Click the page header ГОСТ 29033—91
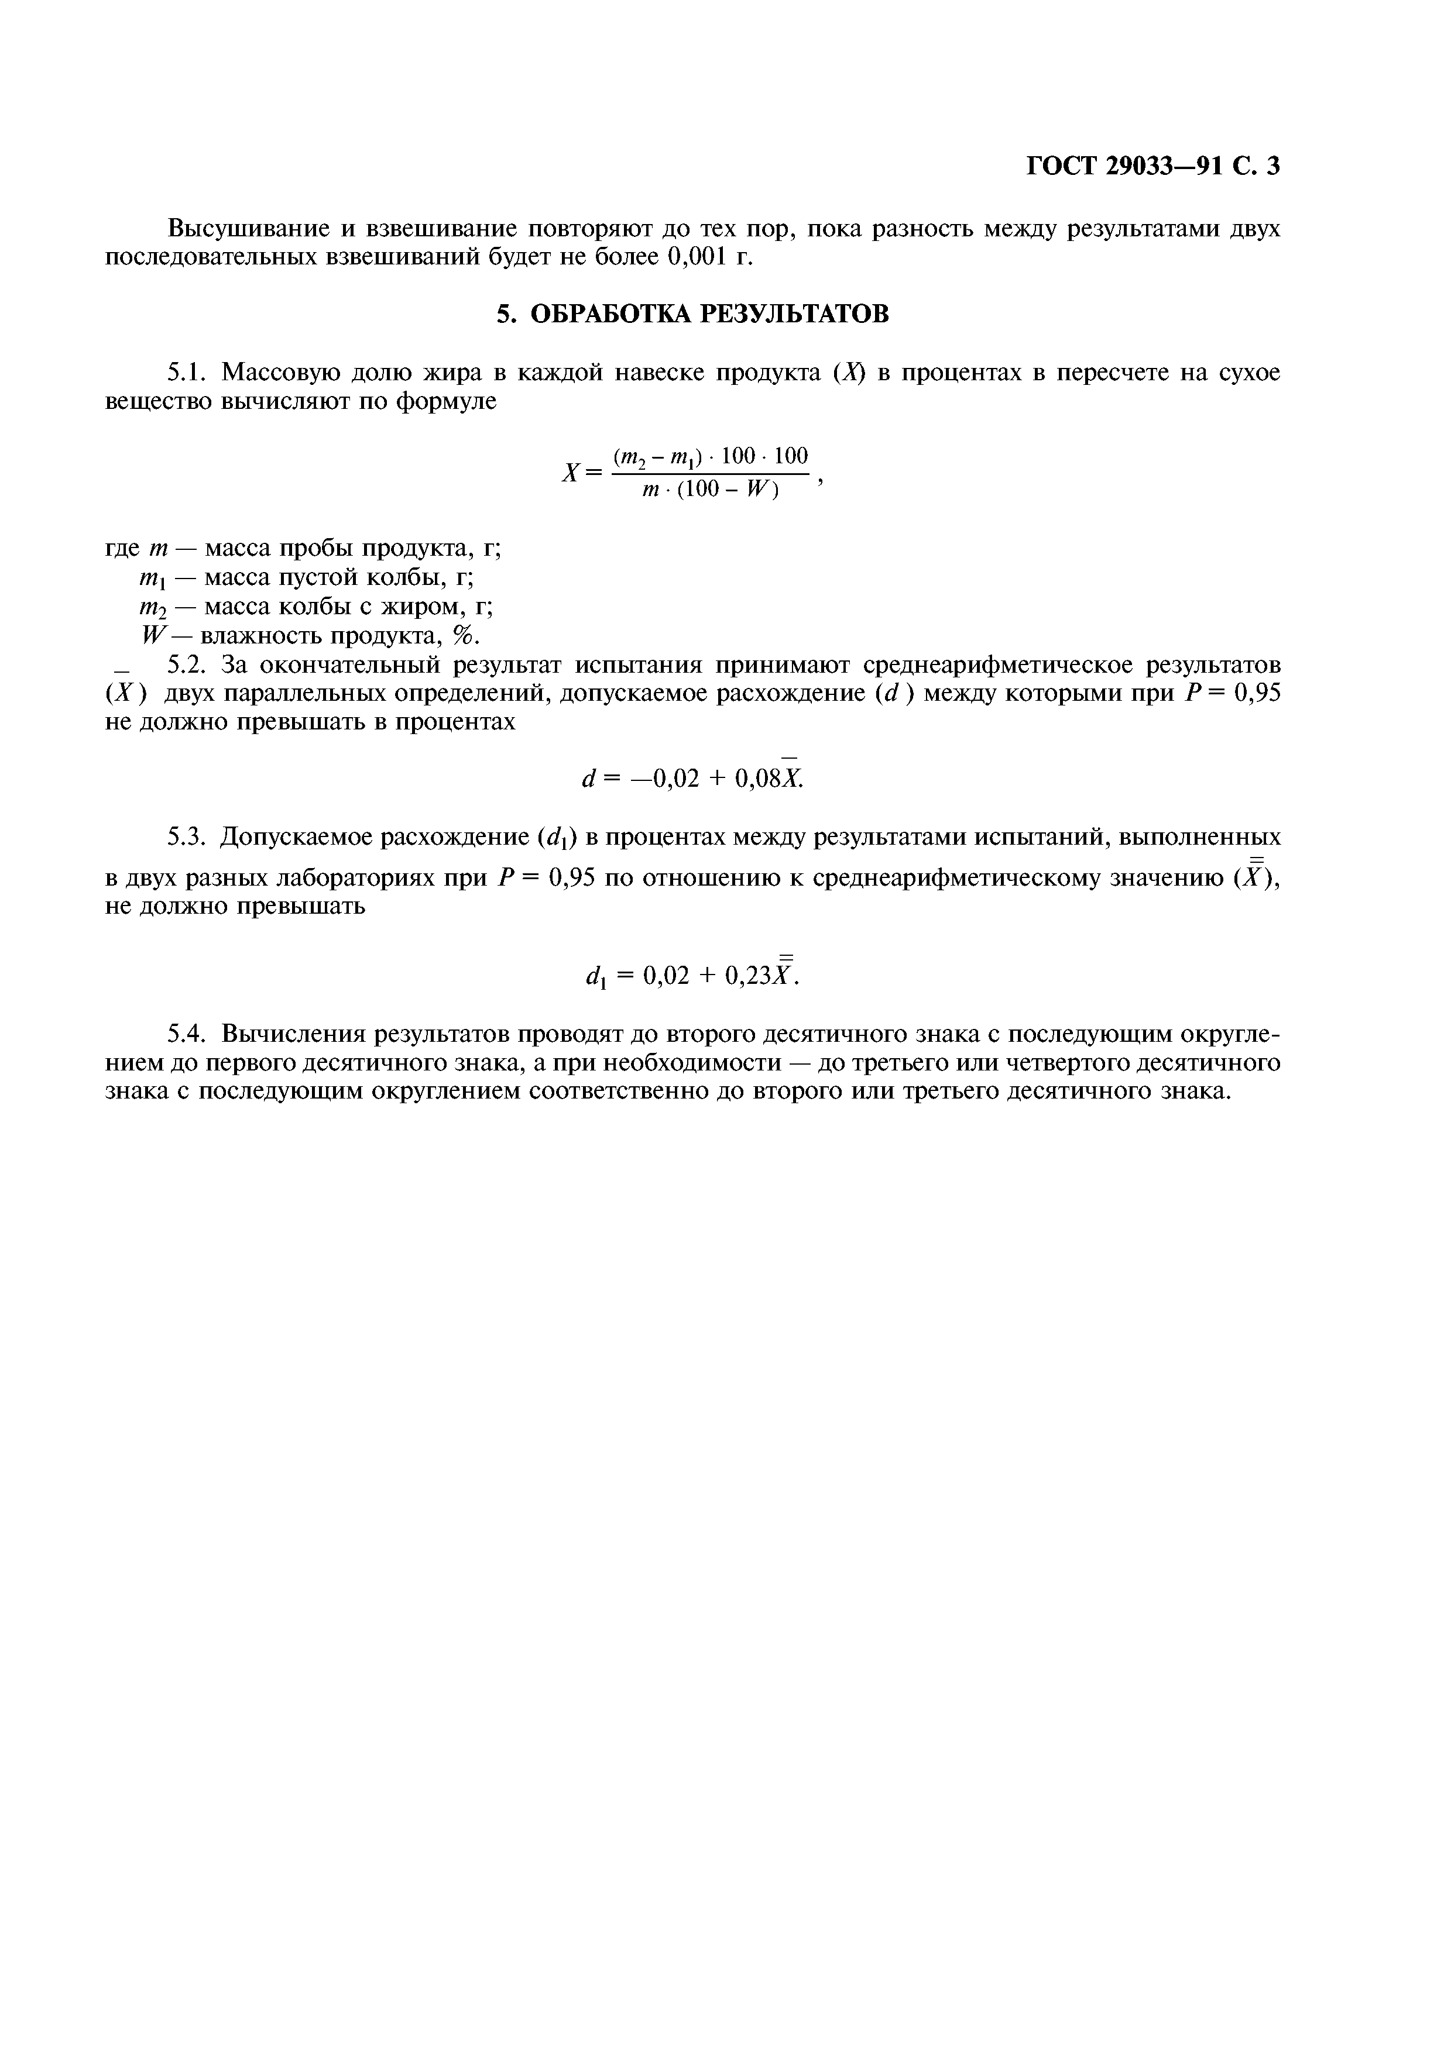click(x=1122, y=166)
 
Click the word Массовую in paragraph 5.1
click(x=279, y=372)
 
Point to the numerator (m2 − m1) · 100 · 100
click(x=711, y=457)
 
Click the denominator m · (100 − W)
click(x=711, y=491)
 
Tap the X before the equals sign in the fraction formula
click(x=570, y=473)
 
